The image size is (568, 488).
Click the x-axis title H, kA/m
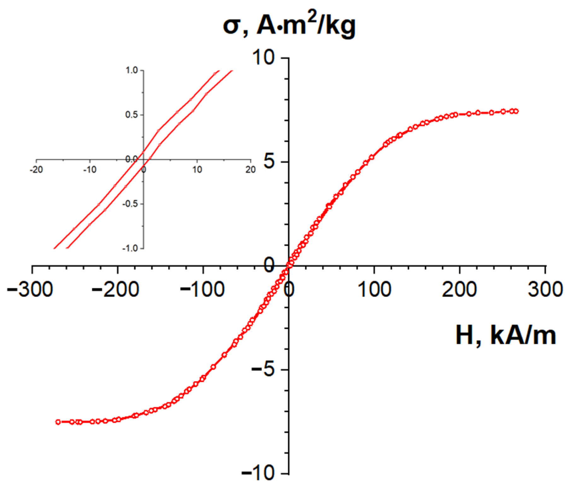(x=506, y=336)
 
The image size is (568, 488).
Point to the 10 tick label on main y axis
(x=264, y=58)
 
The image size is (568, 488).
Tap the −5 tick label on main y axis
(x=263, y=369)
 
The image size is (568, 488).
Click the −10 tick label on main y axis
(x=258, y=473)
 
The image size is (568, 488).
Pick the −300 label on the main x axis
(x=30, y=289)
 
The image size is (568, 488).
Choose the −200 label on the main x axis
(x=115, y=289)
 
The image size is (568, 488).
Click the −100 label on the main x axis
(x=202, y=289)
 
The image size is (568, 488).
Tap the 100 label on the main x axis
(x=375, y=289)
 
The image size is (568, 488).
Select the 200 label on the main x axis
(x=459, y=289)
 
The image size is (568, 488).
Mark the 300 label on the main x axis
(x=545, y=289)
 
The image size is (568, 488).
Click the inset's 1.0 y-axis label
(x=132, y=70)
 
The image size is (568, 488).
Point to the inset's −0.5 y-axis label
(x=130, y=204)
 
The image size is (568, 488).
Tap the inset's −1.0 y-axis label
(x=130, y=248)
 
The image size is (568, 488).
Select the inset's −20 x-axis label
(x=36, y=170)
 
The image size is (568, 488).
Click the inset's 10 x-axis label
(x=197, y=170)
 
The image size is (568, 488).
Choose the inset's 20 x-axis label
(x=251, y=170)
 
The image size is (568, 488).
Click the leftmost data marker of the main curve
(x=58, y=422)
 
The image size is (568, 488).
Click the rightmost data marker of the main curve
(x=516, y=111)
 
